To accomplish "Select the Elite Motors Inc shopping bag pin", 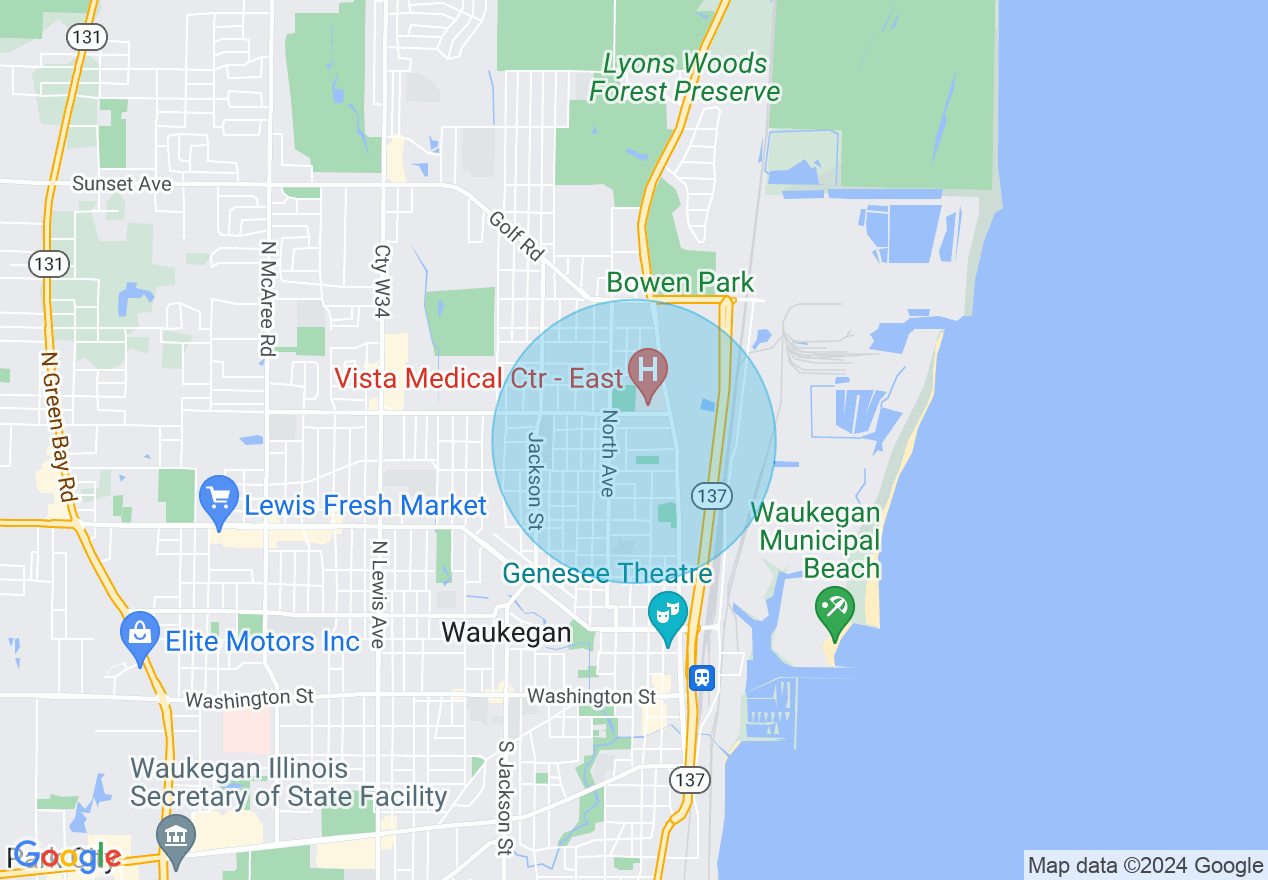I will click(x=140, y=634).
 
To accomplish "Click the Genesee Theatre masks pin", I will click(x=667, y=612).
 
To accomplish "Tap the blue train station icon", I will click(x=702, y=678).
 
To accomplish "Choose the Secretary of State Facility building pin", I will click(x=177, y=836).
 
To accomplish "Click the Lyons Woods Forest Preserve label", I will click(x=684, y=78).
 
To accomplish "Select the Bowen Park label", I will click(x=680, y=282).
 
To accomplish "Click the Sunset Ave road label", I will click(x=122, y=184).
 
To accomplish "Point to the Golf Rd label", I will click(x=516, y=236).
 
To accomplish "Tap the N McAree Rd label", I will click(x=267, y=298).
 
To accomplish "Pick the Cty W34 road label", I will click(x=381, y=281).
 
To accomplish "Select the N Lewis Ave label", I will click(x=378, y=594).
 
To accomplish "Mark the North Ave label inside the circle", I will click(x=607, y=453).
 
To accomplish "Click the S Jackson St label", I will click(x=504, y=797).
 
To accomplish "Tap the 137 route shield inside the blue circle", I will click(x=712, y=495).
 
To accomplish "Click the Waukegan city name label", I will click(x=507, y=632).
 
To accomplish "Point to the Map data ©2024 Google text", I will click(x=1146, y=866).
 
